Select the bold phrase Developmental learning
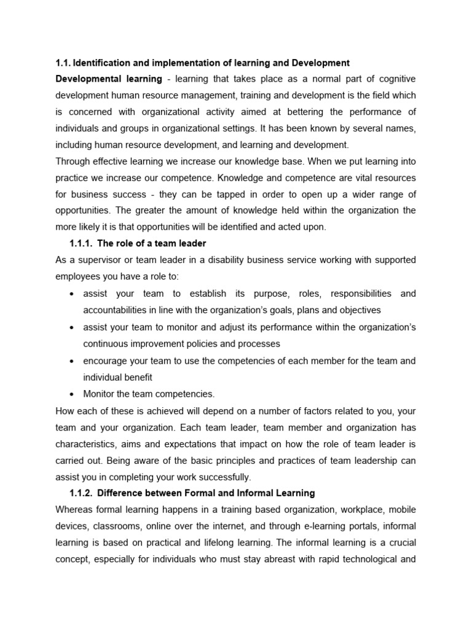[x=109, y=79]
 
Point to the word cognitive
[x=396, y=79]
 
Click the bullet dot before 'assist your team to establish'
[x=73, y=294]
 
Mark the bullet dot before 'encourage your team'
[x=73, y=360]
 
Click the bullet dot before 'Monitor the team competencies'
[x=73, y=393]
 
